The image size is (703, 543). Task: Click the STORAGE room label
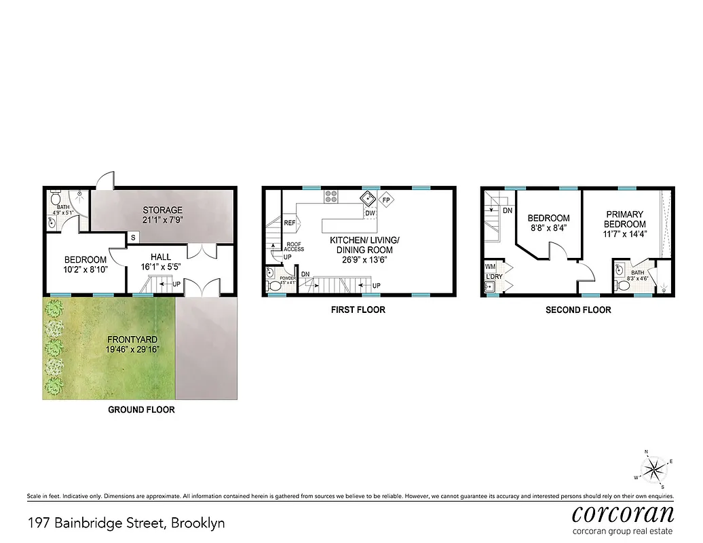point(162,210)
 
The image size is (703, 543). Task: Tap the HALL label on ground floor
point(161,257)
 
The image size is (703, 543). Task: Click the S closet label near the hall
point(132,238)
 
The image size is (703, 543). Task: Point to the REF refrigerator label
point(290,223)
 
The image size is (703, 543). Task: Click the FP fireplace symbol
point(387,200)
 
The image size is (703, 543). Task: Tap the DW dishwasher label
point(370,213)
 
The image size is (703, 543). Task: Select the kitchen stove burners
point(332,197)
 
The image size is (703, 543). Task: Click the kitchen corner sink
point(369,198)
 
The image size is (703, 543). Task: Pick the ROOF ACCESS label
point(294,247)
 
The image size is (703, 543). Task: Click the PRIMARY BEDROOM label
point(625,219)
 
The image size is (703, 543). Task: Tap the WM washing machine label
point(491,267)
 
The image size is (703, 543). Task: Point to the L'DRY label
point(492,278)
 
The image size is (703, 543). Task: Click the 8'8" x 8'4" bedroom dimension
point(550,229)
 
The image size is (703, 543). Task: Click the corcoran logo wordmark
point(624,513)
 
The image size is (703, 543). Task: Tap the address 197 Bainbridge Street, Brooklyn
point(126,523)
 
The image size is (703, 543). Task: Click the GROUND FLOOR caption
point(142,409)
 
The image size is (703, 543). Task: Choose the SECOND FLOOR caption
point(578,310)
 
